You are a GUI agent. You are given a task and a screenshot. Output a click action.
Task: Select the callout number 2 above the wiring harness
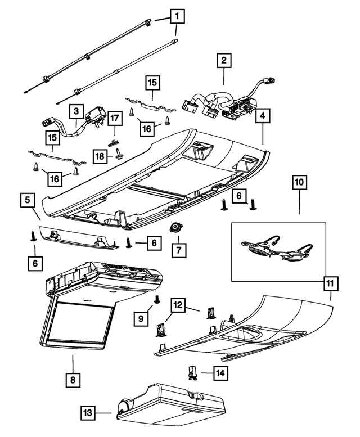pyautogui.click(x=224, y=60)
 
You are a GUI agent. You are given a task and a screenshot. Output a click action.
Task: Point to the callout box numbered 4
pyautogui.click(x=262, y=116)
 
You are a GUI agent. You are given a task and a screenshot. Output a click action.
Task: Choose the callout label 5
pyautogui.click(x=26, y=199)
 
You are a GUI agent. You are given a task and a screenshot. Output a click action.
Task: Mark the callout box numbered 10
pyautogui.click(x=299, y=183)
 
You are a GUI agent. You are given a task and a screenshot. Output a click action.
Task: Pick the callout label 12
pyautogui.click(x=178, y=305)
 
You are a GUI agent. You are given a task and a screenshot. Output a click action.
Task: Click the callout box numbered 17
pyautogui.click(x=115, y=119)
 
